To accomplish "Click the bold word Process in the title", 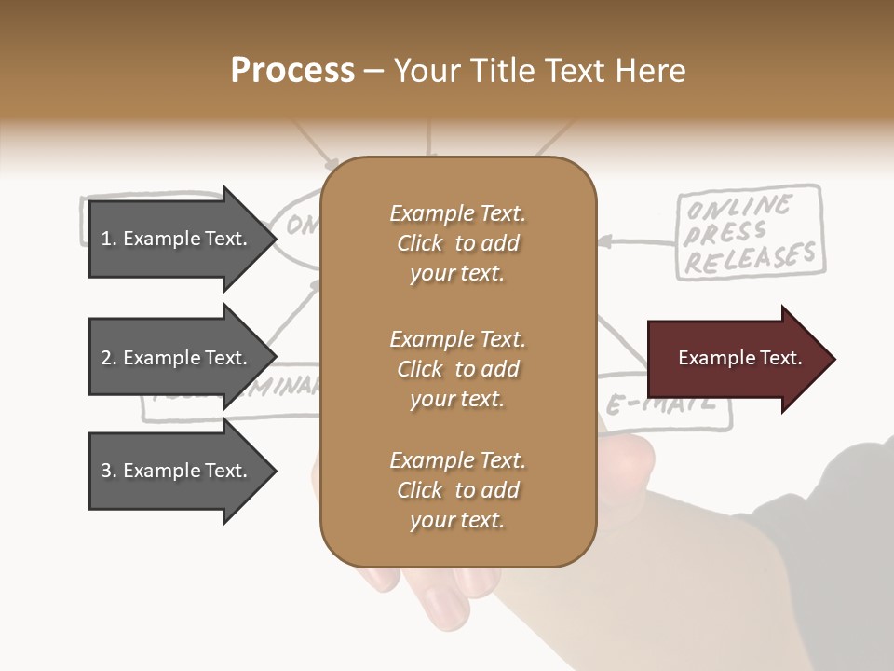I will [x=292, y=71].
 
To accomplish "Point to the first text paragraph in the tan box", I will [x=457, y=243].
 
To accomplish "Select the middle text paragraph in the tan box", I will [x=457, y=369].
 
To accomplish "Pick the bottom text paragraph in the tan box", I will [x=457, y=490].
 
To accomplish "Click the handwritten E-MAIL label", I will [x=661, y=404].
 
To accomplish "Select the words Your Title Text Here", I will [x=540, y=71].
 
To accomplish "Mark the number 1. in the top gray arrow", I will [x=108, y=239].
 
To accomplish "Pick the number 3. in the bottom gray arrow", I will [x=108, y=471].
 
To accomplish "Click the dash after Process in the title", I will [x=374, y=72].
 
